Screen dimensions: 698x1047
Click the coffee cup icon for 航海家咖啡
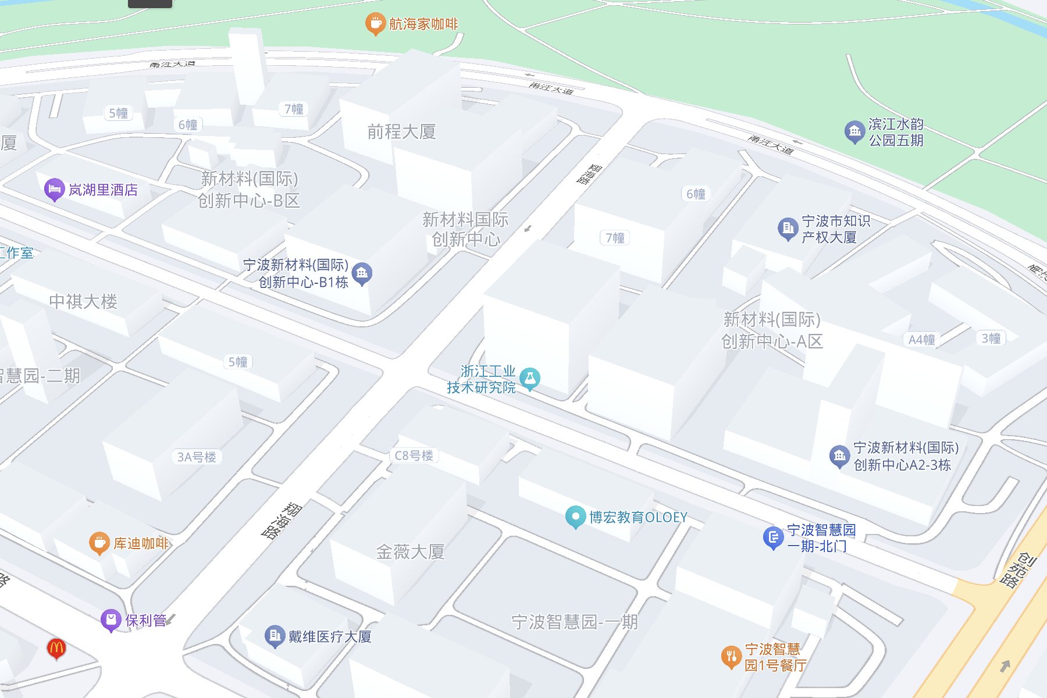[x=375, y=24]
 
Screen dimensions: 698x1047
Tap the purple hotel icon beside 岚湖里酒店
[x=54, y=190]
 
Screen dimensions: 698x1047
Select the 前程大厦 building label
[x=401, y=132]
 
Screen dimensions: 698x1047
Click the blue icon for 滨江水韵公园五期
[x=854, y=132]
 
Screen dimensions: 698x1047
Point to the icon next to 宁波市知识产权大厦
[x=788, y=229]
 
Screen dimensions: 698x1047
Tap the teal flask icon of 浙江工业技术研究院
[x=530, y=379]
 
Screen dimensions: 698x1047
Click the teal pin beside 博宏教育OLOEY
[x=575, y=517]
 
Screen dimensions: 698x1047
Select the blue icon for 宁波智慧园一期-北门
[x=773, y=538]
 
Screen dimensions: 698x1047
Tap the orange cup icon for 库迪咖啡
[x=99, y=543]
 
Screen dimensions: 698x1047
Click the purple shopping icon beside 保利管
[x=111, y=620]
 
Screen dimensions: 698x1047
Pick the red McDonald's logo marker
[x=56, y=648]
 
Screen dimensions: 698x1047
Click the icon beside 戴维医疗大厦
[x=275, y=636]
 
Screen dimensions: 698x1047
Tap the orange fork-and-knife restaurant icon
[x=731, y=657]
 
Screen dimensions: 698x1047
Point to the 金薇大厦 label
[x=410, y=551]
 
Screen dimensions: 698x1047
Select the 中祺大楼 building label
[x=83, y=301]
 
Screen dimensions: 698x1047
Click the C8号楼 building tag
[x=414, y=455]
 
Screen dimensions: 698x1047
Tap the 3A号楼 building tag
[x=197, y=457]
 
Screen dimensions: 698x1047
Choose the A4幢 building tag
[x=921, y=340]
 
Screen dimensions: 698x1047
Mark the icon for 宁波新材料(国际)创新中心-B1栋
[x=362, y=273]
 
